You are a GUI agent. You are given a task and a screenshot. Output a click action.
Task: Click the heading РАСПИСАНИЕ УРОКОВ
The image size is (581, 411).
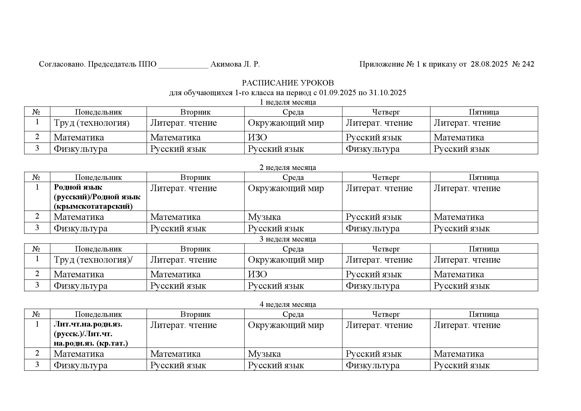pos(288,83)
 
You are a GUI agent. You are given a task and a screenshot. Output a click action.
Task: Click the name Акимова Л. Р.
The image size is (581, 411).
pos(235,64)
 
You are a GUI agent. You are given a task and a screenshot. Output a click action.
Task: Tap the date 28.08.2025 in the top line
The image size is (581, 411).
pos(489,64)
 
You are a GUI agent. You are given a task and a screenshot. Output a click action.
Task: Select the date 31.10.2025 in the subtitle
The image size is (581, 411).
pos(387,93)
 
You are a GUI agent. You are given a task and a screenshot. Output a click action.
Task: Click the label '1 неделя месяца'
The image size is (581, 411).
pos(288,102)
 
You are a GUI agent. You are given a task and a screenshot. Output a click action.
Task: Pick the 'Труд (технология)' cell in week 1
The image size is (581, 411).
pos(92,123)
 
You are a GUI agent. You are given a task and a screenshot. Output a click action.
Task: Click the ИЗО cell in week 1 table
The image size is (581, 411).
pos(257,137)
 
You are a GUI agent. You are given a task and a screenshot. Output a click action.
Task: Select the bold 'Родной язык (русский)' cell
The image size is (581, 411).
pos(97,197)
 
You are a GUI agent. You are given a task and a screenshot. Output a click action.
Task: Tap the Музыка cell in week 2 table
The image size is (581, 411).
pos(264,217)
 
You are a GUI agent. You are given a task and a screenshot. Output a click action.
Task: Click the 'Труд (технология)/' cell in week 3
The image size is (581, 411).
pos(93,260)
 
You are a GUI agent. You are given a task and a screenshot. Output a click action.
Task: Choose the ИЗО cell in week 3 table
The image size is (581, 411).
pos(257,274)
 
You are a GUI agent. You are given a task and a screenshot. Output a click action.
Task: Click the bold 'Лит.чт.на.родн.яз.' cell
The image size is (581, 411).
pos(91,333)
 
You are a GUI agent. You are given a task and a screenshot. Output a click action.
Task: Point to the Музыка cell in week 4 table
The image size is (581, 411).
pos(264,354)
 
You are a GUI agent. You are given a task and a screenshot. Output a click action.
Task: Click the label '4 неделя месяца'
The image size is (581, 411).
pos(288,304)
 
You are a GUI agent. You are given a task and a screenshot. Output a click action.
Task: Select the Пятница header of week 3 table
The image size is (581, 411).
pos(484,249)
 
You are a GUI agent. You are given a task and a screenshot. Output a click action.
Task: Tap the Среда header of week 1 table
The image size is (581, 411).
pos(293,112)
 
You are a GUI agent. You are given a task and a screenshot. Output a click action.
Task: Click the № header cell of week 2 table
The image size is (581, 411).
pos(37,177)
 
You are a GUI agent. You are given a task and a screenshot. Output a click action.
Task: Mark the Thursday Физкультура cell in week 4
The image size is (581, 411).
pos(373,365)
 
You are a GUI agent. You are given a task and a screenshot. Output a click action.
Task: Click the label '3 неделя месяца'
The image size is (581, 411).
pos(288,239)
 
